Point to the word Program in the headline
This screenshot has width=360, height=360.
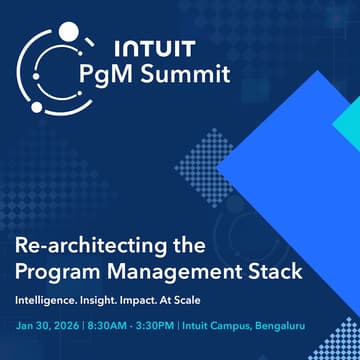(59, 270)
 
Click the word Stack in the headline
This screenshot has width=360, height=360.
(273, 270)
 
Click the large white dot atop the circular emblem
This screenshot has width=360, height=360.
(67, 32)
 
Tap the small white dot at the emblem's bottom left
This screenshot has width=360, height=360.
(37, 106)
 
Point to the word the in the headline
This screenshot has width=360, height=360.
(183, 246)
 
